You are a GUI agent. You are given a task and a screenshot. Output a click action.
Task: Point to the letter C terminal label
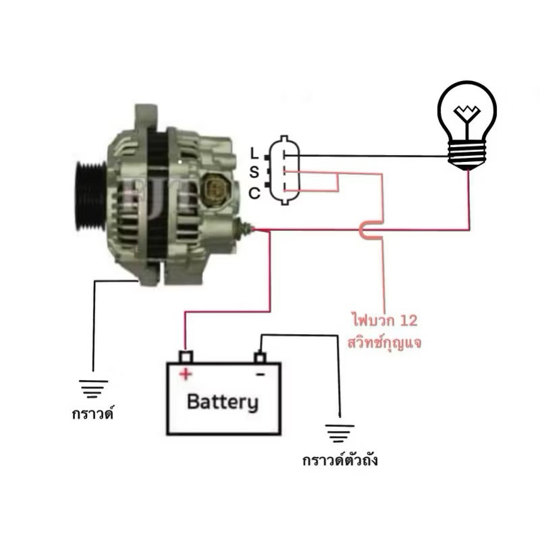(254, 194)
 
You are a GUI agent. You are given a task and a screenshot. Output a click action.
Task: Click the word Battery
(222, 403)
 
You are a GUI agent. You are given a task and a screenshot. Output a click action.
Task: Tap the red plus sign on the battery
(185, 373)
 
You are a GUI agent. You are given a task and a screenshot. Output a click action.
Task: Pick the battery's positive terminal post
(186, 356)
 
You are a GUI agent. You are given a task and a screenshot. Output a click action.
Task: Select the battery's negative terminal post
(259, 356)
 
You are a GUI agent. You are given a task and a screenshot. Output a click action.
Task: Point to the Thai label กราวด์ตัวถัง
(340, 461)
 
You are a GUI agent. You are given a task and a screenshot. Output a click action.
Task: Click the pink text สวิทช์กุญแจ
(384, 342)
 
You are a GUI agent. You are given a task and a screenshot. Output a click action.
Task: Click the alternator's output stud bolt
(246, 230)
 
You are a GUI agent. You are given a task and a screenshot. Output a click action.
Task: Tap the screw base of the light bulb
(467, 158)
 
